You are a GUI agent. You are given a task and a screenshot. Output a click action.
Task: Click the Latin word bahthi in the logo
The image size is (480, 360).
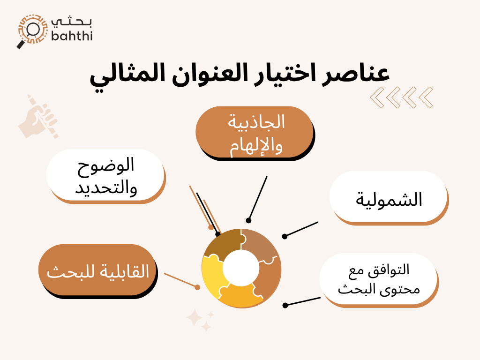(x=71, y=35)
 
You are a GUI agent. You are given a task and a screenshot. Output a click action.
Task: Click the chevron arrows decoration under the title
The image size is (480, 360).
(x=401, y=97)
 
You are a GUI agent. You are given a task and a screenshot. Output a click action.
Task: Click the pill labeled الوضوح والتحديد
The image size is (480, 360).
(x=105, y=175)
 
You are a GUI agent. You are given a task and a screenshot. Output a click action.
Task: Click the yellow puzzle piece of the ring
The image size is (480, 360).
(x=213, y=277)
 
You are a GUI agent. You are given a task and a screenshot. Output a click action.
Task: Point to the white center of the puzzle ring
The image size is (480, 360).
(x=241, y=268)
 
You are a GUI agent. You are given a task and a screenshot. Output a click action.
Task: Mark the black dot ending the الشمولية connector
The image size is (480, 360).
(x=285, y=236)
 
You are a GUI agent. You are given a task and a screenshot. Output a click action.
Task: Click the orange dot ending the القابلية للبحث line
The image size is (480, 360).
(x=197, y=286)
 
